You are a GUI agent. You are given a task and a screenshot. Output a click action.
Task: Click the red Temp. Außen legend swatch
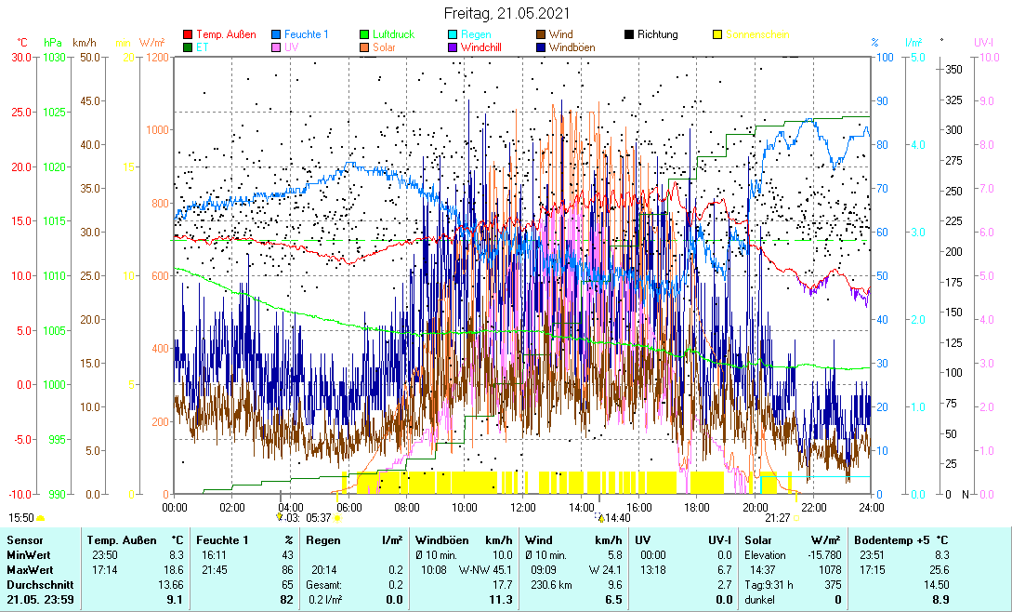188,35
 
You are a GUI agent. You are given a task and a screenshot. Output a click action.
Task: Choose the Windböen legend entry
572,47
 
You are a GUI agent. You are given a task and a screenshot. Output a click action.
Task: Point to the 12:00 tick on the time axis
522,507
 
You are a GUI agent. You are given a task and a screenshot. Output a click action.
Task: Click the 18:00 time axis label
697,507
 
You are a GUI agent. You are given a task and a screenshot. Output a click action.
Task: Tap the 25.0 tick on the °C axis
19,113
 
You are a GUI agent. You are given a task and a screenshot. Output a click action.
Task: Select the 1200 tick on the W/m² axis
157,58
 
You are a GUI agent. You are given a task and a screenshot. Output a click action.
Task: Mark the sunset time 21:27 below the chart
778,517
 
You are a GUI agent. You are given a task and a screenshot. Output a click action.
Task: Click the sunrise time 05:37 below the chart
319,517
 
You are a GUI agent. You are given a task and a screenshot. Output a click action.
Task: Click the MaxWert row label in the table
26,569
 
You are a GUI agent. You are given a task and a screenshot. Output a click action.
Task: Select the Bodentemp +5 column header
900,539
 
